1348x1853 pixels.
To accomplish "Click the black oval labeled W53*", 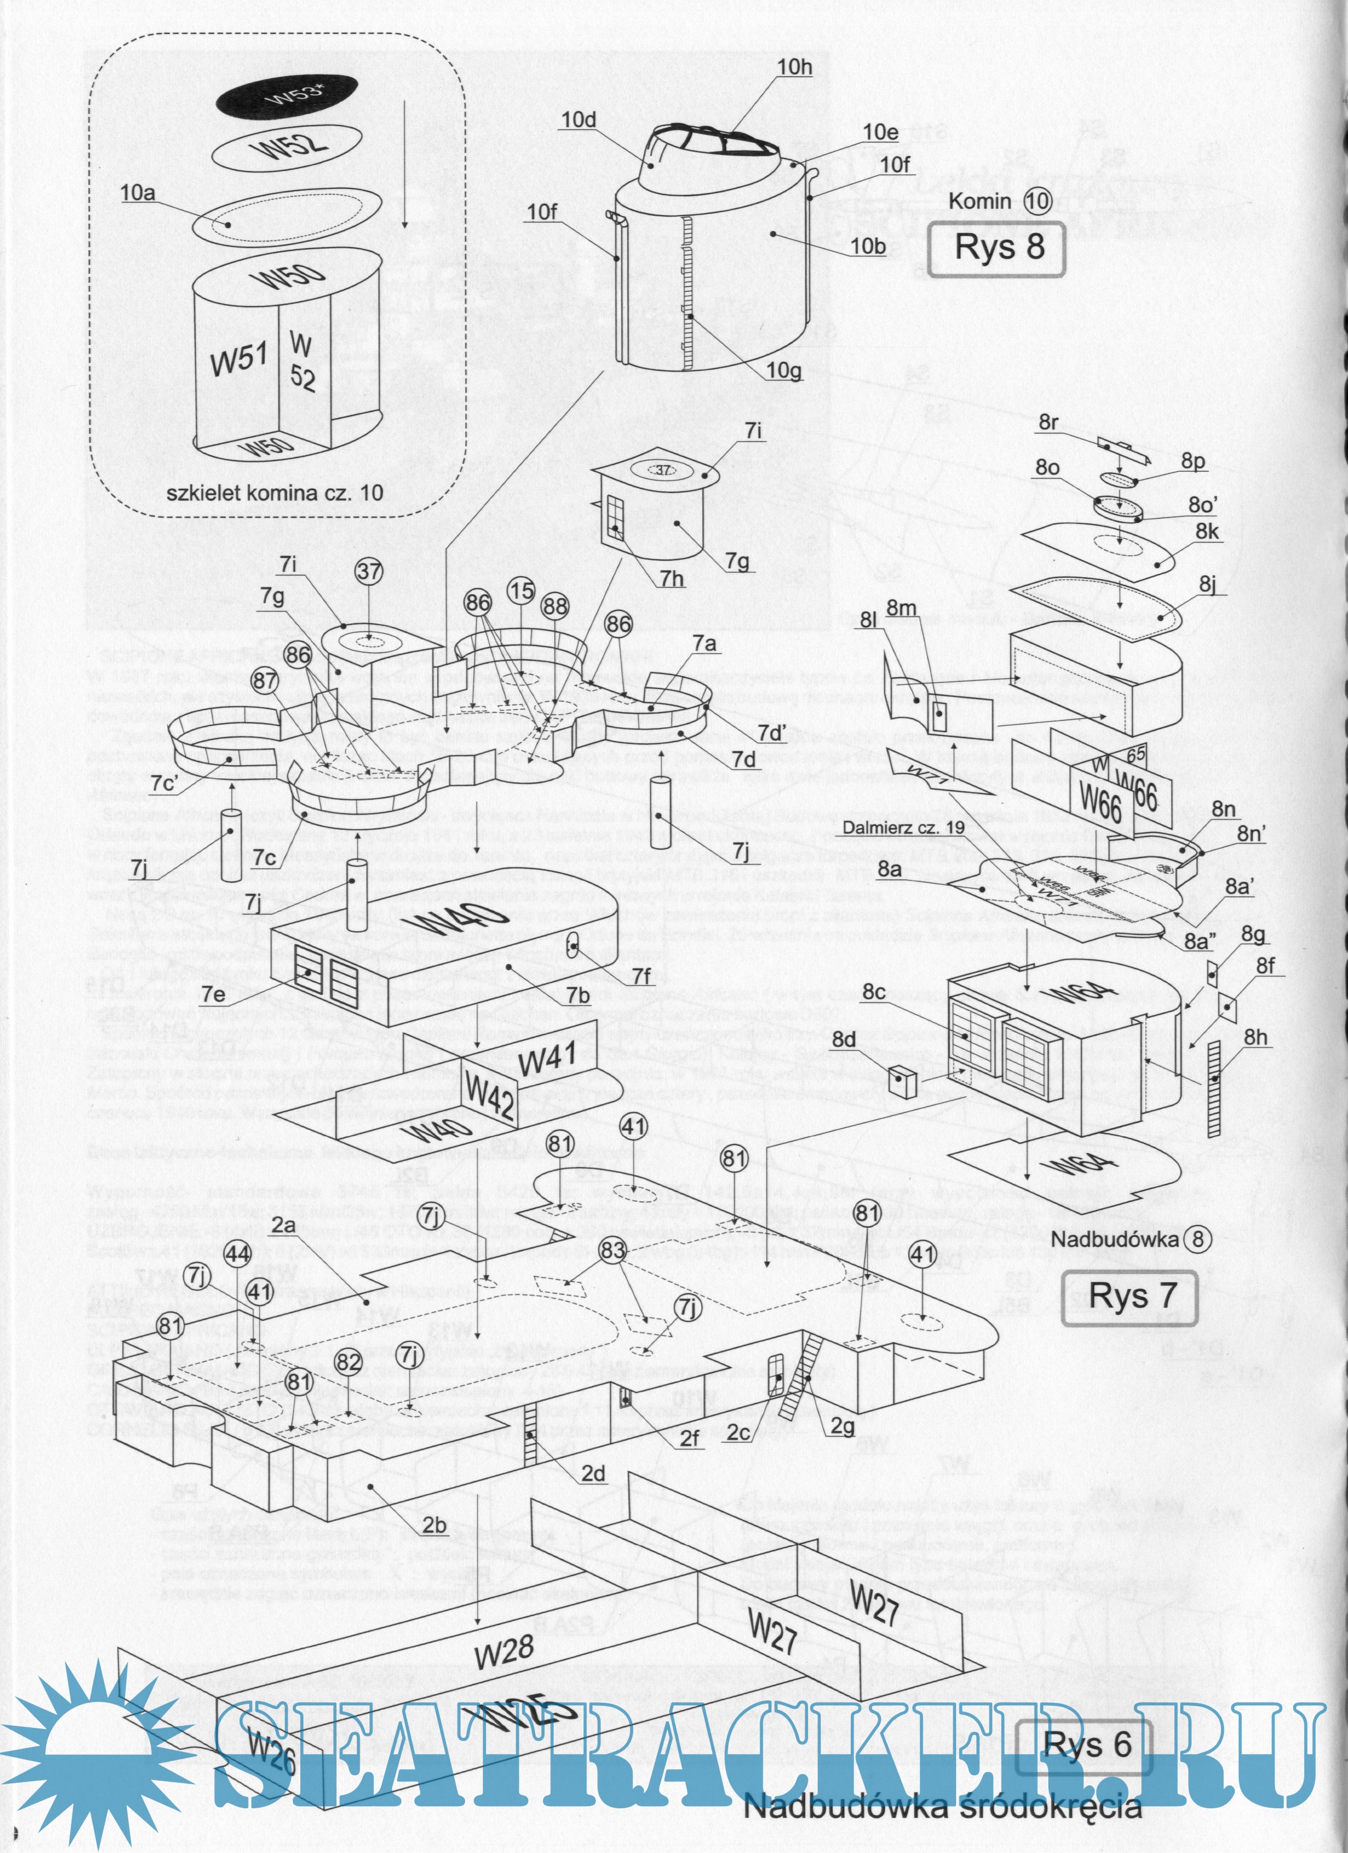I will (x=287, y=96).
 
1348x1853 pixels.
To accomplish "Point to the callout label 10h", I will (x=794, y=67).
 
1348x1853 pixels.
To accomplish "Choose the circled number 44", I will (x=238, y=1254).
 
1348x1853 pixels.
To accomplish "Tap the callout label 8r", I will (x=1048, y=422).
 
